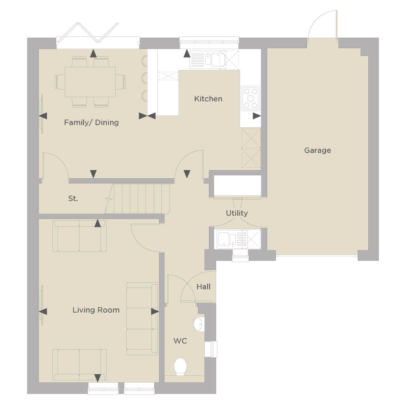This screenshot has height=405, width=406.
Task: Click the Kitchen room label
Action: pos(208,98)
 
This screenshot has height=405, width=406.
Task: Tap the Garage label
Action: pos(318,150)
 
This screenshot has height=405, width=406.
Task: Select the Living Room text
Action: pos(96,310)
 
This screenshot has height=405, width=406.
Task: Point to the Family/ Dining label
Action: pos(91,122)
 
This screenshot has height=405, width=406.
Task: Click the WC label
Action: pos(180,341)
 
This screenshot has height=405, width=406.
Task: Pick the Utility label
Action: pos(236,213)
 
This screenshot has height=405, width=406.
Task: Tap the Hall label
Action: pos(204,287)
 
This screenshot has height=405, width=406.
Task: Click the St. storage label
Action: pos(73,198)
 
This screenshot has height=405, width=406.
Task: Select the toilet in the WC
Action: pos(180,367)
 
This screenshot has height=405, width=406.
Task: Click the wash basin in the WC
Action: pos(199,324)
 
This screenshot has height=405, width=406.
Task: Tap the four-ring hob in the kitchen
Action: pos(251,98)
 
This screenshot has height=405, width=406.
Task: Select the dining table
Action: pos(90,82)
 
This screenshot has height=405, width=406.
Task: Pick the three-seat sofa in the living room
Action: pos(142,319)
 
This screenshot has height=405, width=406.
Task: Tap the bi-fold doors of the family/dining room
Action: pos(88,32)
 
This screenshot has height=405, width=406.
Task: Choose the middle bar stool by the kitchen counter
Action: pos(144,78)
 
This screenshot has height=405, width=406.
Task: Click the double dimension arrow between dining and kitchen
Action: pos(147,116)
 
